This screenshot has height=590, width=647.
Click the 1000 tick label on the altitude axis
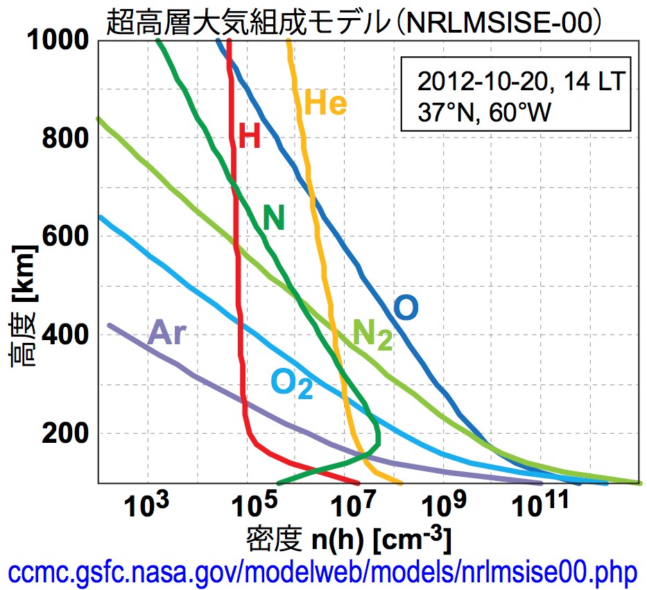[58, 41]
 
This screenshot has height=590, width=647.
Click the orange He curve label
[325, 104]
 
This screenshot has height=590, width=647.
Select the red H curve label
[250, 137]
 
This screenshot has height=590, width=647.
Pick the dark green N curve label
[274, 219]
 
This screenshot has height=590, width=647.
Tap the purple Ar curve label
[167, 334]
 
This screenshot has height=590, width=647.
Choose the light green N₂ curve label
[372, 335]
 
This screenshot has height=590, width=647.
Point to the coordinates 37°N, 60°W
[483, 111]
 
